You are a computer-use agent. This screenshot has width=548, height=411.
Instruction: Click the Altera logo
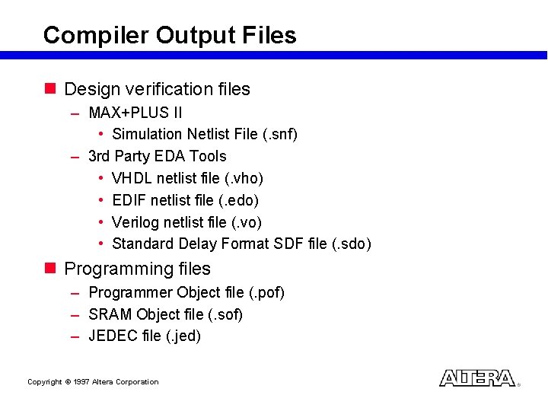pos(477,378)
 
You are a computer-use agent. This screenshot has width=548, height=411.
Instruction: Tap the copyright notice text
pos(93,382)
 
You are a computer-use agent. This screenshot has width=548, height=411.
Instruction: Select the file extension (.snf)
pos(279,135)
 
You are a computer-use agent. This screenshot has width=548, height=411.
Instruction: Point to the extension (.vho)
pos(244,179)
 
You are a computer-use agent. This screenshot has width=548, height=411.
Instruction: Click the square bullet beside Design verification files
pos(50,89)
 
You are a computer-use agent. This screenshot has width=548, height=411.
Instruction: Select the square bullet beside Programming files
pos(50,269)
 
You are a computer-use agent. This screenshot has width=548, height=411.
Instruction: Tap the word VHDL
pos(129,179)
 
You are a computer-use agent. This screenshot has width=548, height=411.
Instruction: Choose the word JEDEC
pos(113,336)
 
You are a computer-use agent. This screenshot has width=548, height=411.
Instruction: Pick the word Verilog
pos(135,222)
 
